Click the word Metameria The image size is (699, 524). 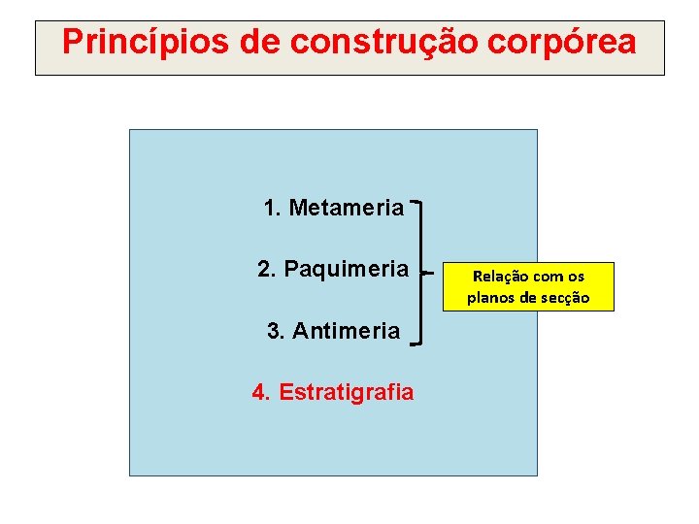[x=346, y=208]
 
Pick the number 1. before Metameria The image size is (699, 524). [x=272, y=208]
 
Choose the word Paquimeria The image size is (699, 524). [x=347, y=269]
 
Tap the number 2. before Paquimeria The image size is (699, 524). [x=267, y=269]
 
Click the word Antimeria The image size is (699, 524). [x=346, y=331]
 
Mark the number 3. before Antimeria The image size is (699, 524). [x=276, y=331]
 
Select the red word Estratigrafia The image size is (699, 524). [x=346, y=392]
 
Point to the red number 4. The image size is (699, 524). [x=261, y=392]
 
